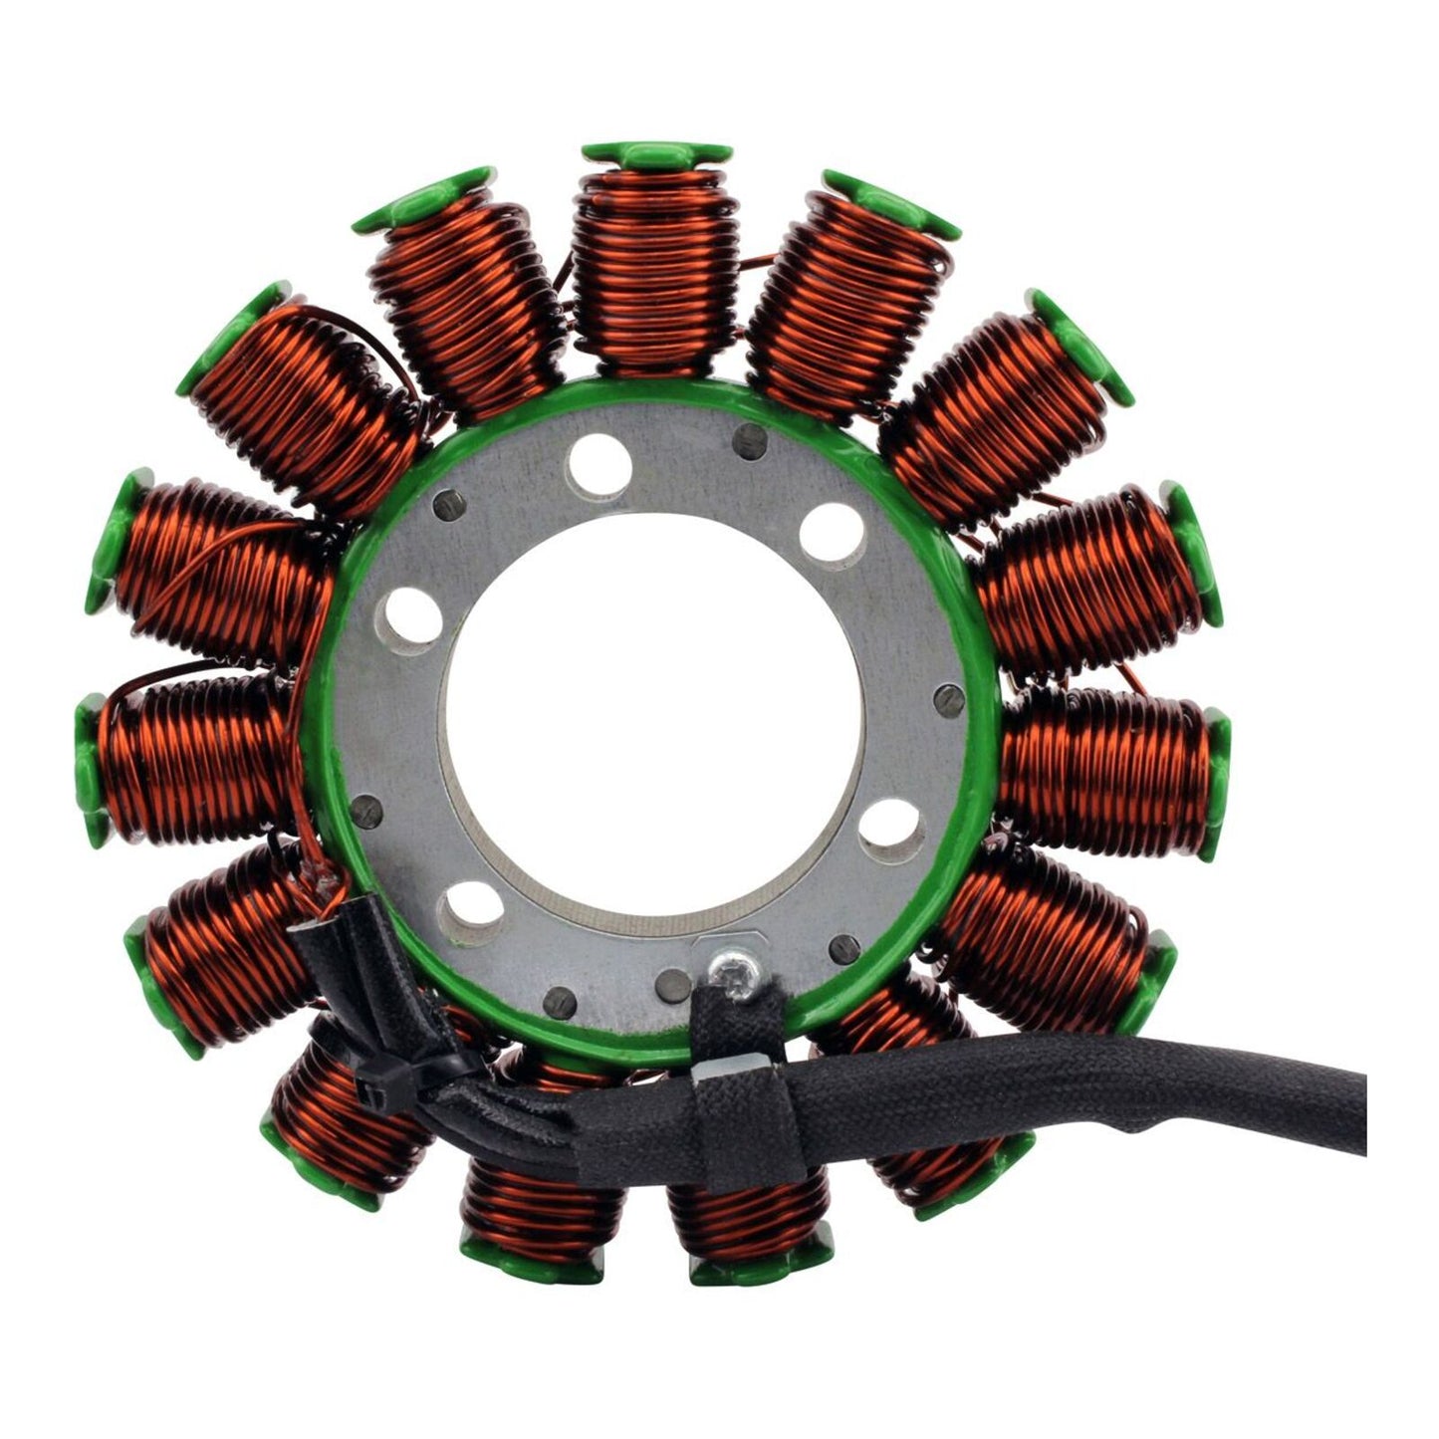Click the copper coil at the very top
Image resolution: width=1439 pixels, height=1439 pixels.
[x=655, y=269]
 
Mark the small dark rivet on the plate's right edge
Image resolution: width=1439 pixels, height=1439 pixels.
[x=949, y=699]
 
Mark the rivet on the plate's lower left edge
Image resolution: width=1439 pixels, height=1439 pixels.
[x=370, y=810]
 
